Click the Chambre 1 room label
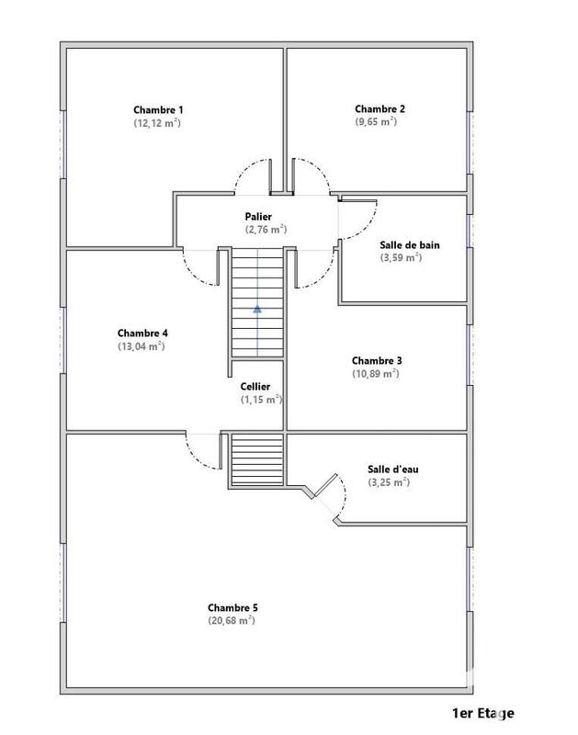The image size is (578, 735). (156, 109)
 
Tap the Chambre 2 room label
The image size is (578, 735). (380, 108)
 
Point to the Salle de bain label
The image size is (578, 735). (408, 245)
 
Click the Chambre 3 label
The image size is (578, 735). (376, 361)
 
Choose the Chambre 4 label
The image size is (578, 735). (142, 333)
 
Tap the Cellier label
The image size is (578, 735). (255, 388)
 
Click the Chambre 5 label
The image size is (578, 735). (232, 607)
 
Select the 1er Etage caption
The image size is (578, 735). (483, 713)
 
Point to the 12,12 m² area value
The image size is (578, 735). (156, 122)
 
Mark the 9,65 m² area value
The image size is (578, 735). (375, 121)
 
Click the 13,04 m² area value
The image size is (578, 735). (142, 346)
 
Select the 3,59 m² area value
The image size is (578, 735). (401, 258)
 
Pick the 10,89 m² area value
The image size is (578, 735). (375, 374)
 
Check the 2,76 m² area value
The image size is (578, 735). (266, 230)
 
